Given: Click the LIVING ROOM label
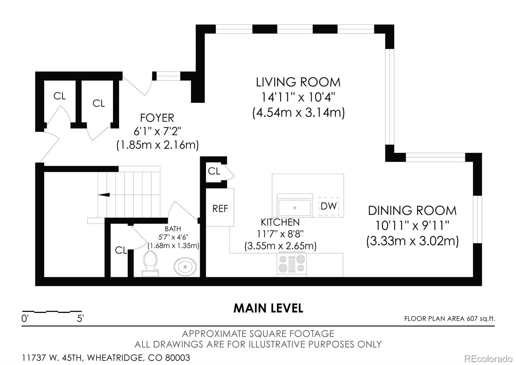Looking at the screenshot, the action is [x=298, y=82].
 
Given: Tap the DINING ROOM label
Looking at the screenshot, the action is [x=412, y=211].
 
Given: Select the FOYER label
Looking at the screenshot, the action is [x=157, y=118].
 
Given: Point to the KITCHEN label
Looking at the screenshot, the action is [x=280, y=222].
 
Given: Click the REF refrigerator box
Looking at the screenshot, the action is [x=220, y=207].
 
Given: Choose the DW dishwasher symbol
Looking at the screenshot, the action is [x=329, y=206].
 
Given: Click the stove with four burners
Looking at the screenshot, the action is [x=292, y=265].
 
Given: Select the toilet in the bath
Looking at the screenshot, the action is [x=150, y=264].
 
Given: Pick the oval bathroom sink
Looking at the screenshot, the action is [x=185, y=267].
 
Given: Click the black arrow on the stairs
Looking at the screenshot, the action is [x=104, y=195].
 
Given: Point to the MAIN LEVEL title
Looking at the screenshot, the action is [x=268, y=308].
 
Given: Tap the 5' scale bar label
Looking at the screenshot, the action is [x=80, y=318].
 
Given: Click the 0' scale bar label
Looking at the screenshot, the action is [x=25, y=318].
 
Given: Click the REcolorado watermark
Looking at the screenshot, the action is [x=488, y=359].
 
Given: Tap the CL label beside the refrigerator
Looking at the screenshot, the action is [x=214, y=171].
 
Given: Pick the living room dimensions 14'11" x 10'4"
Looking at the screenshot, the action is [x=298, y=97].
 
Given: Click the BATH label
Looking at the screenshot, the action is [x=173, y=229].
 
